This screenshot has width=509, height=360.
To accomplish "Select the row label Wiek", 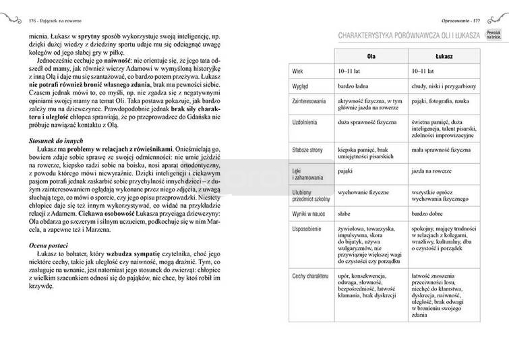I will pyautogui.click(x=297, y=71).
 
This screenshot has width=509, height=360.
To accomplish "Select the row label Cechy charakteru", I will pyautogui.click(x=309, y=276).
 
